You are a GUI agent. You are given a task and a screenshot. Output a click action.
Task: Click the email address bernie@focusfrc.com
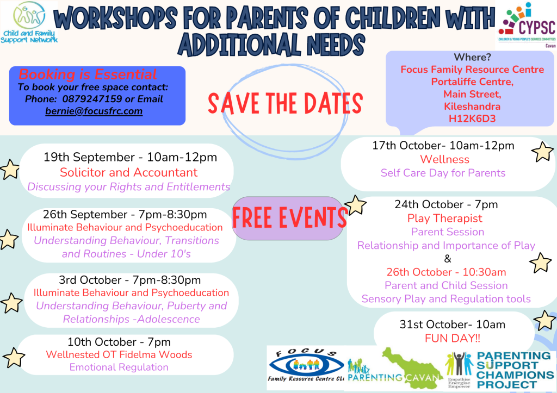point(94,111)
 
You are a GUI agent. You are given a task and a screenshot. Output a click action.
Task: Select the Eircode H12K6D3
point(472,118)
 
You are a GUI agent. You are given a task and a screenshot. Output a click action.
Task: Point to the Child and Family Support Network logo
point(29,23)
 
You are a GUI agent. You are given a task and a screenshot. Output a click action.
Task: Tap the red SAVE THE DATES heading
point(285,103)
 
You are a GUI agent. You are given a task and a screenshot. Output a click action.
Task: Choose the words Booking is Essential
point(88,74)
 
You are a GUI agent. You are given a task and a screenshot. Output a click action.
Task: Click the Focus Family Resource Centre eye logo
point(306,366)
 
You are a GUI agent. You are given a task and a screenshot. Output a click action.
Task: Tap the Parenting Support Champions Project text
point(515,370)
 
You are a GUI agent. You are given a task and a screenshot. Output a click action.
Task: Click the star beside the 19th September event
point(10,170)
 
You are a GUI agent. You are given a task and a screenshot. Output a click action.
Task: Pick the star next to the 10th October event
point(14,357)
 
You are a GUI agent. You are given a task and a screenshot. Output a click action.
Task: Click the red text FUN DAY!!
point(452,338)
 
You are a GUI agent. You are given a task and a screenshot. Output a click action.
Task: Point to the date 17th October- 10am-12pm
point(443,146)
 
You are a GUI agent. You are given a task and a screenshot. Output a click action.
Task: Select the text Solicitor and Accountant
point(128,172)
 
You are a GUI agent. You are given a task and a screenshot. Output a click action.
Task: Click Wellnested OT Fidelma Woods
point(119,354)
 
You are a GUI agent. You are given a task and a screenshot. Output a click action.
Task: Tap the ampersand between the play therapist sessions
point(448,259)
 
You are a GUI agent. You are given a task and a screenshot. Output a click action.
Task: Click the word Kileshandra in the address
point(472,107)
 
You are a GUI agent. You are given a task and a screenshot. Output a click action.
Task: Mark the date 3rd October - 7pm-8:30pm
point(129,280)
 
